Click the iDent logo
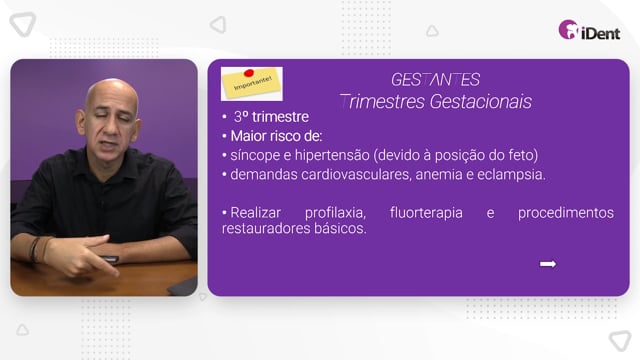click(589, 30)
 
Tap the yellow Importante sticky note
click(251, 84)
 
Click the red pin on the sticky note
click(249, 73)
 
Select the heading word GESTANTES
click(435, 80)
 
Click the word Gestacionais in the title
click(480, 102)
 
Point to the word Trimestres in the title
click(382, 102)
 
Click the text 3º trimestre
click(271, 117)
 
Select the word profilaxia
click(335, 213)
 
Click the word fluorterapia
click(426, 213)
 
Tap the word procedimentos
click(566, 213)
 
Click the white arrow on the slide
click(548, 264)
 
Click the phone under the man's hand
click(108, 259)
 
